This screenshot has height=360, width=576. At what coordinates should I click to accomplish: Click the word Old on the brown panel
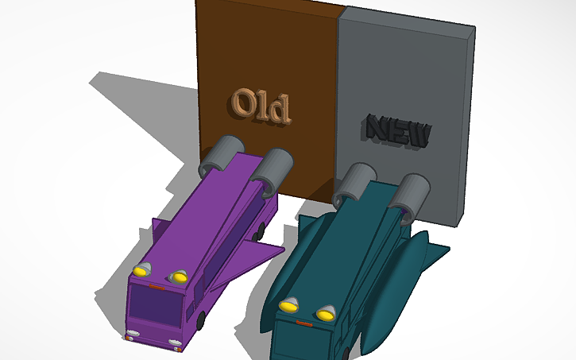[x=261, y=106]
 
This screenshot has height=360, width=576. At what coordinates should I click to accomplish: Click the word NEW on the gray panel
[x=399, y=131]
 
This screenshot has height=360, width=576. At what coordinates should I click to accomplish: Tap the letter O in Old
[x=242, y=103]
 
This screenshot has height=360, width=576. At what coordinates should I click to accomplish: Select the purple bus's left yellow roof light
[x=141, y=270]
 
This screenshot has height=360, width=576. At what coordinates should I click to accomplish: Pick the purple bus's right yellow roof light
[x=178, y=277]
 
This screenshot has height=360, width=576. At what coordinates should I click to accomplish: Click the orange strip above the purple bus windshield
[x=157, y=287]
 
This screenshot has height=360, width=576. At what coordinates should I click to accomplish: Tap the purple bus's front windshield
[x=157, y=307]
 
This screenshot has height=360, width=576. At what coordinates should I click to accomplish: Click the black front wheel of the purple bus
[x=200, y=321]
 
